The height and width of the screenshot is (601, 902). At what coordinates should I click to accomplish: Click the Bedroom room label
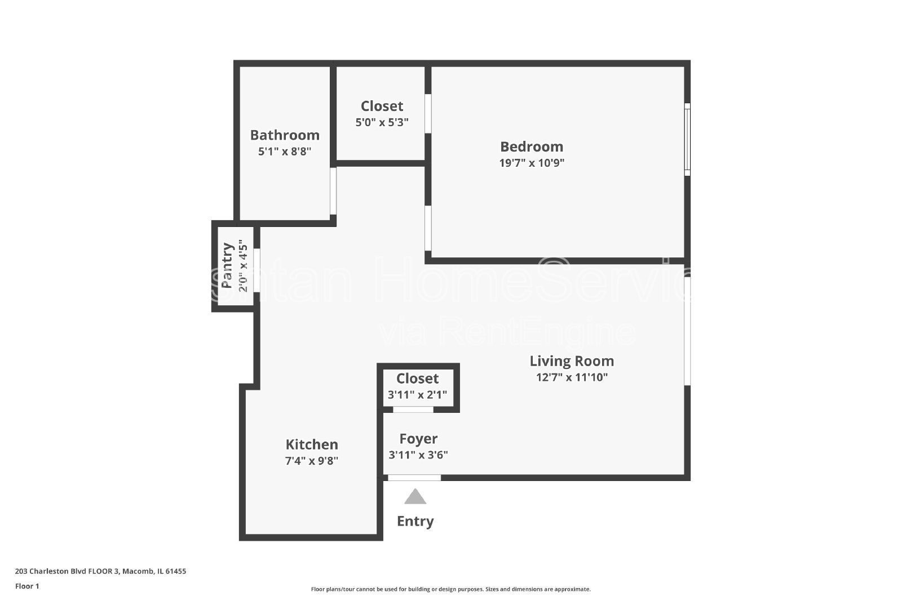(532, 146)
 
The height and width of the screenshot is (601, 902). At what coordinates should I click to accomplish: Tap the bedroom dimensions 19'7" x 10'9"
(532, 163)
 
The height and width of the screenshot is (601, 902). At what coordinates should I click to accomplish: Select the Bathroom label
(285, 135)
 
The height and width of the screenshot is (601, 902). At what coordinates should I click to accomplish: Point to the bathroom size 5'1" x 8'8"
(285, 152)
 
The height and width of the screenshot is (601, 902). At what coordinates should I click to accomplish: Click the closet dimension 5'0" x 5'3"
(382, 122)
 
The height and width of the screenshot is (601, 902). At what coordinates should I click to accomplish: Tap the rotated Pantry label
(227, 265)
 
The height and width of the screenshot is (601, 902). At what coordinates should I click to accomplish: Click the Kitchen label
(312, 444)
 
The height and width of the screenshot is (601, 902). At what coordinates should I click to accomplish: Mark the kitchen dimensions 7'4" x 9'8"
(312, 461)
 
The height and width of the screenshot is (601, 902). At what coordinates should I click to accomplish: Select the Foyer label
(418, 439)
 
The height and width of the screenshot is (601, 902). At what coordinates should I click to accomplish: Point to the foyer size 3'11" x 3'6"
(418, 455)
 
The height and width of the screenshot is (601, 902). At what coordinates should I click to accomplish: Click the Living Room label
(572, 361)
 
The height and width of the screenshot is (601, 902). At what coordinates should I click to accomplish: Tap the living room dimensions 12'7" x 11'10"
(572, 377)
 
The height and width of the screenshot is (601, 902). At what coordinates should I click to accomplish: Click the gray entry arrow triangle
(415, 497)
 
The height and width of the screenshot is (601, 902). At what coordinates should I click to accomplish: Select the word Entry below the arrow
(415, 521)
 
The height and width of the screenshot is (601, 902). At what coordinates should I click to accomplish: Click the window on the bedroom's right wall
(687, 139)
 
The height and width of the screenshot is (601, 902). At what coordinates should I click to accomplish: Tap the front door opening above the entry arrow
(414, 478)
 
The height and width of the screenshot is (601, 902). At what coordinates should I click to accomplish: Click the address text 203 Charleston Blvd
(100, 571)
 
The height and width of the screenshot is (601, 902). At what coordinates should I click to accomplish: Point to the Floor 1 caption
(27, 586)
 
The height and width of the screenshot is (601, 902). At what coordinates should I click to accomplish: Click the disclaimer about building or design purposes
(450, 589)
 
